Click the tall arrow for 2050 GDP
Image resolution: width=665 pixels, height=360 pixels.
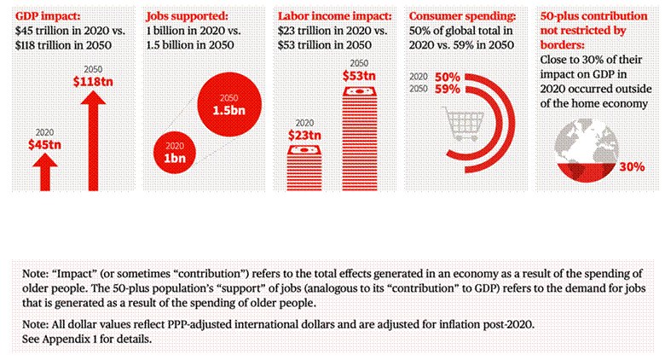[x=92, y=136]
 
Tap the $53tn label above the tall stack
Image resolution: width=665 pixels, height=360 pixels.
[x=359, y=77]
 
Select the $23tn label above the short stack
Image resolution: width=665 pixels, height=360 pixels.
[x=304, y=134]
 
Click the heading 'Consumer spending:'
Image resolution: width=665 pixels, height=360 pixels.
[x=460, y=16]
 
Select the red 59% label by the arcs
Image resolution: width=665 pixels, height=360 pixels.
[x=448, y=89]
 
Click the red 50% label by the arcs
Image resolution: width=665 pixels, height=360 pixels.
[x=448, y=77]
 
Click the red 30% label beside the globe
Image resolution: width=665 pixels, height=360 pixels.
[x=630, y=166]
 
